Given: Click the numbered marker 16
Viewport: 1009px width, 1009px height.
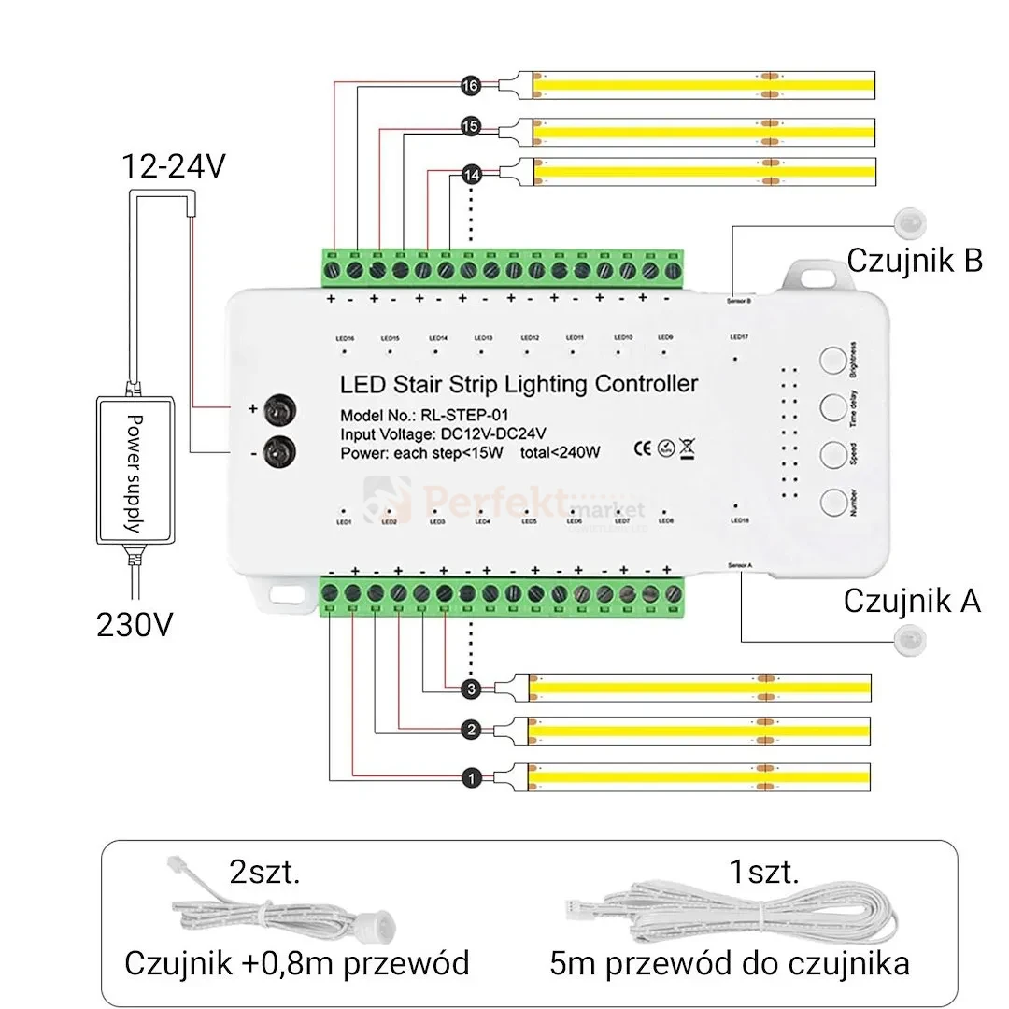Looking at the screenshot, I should (x=470, y=86).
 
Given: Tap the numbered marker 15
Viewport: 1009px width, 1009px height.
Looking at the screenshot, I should (x=470, y=125).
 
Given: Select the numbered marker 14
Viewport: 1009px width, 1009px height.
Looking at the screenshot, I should (x=470, y=173).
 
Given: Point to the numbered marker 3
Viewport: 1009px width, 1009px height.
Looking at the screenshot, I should (x=471, y=689).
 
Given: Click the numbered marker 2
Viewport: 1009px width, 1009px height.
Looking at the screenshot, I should (x=471, y=730).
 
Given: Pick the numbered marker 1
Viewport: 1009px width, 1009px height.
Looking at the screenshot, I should (x=471, y=777).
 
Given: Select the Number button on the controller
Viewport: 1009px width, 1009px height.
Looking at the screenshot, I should (x=833, y=502).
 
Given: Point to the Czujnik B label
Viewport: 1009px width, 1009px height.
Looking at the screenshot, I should (x=914, y=261).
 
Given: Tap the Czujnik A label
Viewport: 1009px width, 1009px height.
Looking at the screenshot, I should (x=912, y=601).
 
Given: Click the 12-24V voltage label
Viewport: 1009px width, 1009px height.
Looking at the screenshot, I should (x=174, y=167).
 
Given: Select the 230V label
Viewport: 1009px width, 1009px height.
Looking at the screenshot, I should (x=135, y=624).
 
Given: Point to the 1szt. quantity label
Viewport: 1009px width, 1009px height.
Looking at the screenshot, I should (x=764, y=874).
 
